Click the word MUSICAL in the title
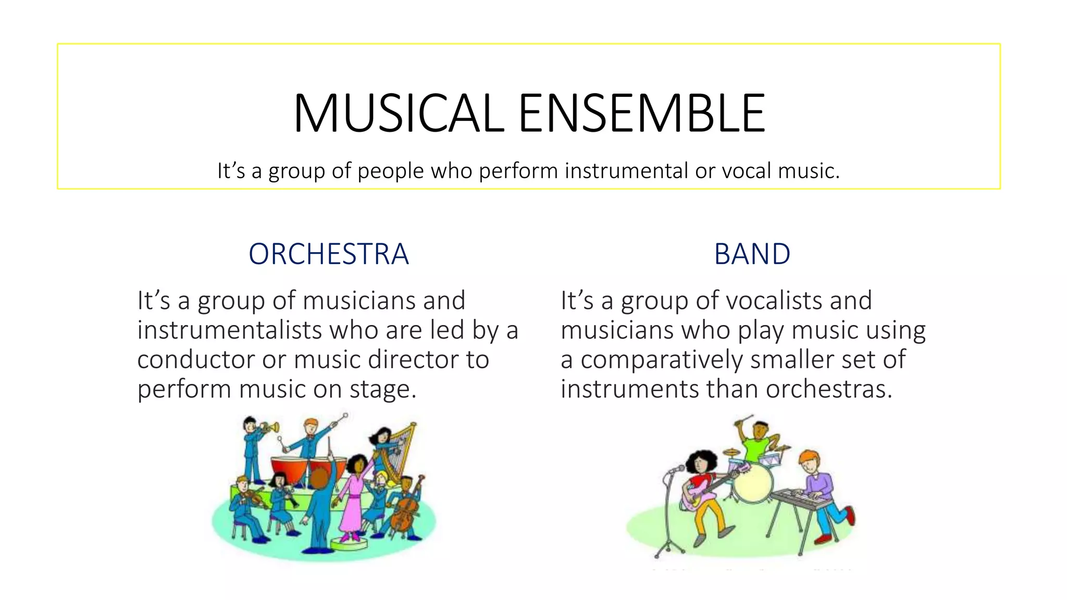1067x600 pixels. tap(399, 114)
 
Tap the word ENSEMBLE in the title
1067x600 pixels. tap(641, 114)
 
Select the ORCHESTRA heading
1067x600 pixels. tap(328, 254)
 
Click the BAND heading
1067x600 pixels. tap(752, 254)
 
